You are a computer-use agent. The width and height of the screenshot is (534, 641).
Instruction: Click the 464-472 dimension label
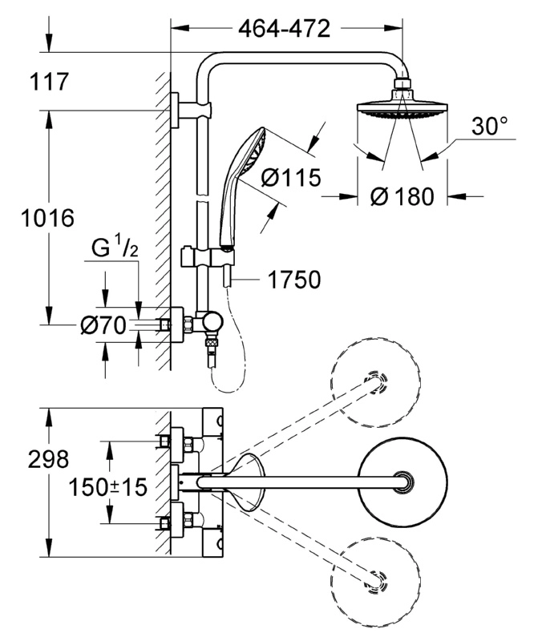[x=285, y=29]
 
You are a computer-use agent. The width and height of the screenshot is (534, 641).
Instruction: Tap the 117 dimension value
[x=50, y=82]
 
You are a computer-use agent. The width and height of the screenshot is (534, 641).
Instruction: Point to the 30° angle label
[x=490, y=126]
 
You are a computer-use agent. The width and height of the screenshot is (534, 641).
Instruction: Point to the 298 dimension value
[x=47, y=461]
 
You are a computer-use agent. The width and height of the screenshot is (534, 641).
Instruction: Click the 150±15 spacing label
[x=107, y=487]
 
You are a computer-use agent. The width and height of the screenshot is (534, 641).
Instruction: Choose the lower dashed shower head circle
[x=374, y=579]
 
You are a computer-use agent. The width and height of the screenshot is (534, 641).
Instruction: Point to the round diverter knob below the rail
[x=213, y=321]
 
